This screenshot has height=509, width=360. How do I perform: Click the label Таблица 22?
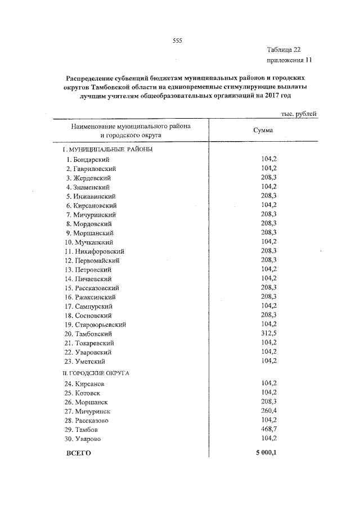(289, 49)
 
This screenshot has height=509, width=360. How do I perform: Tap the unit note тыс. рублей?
(298, 114)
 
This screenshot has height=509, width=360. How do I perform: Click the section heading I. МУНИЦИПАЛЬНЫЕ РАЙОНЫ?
(107, 150)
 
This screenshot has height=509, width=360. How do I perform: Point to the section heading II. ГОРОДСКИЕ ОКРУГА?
(96, 373)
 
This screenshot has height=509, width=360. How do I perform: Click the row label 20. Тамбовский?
(90, 334)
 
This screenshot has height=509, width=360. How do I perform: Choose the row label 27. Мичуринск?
(89, 411)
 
